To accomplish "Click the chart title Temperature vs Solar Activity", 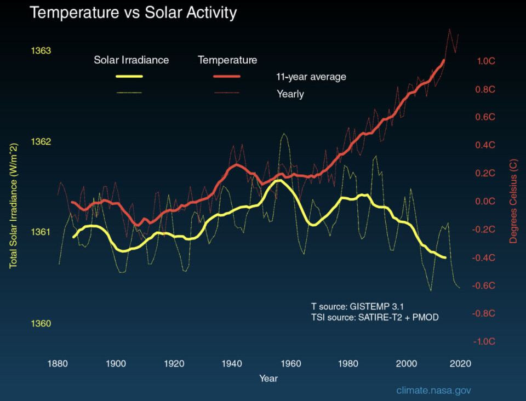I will pyautogui.click(x=133, y=13).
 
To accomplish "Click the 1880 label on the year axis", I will pyautogui.click(x=58, y=363).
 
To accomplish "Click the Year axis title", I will pyautogui.click(x=268, y=379).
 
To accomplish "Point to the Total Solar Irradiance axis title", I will pyautogui.click(x=13, y=205).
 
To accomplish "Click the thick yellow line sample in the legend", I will pyautogui.click(x=129, y=77).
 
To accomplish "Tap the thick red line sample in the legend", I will pyautogui.click(x=227, y=77).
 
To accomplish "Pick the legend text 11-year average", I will pyautogui.click(x=311, y=77).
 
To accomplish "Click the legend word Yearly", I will pyautogui.click(x=290, y=94).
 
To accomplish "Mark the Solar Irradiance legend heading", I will pyautogui.click(x=131, y=60).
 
